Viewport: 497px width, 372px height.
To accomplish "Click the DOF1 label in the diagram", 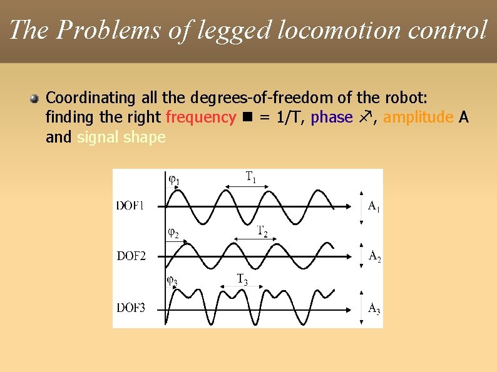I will [x=130, y=204].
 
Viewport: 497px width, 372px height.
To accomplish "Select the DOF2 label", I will [x=131, y=255].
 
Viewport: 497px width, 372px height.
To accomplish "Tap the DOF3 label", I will [x=131, y=308].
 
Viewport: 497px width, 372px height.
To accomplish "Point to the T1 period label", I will [x=250, y=176].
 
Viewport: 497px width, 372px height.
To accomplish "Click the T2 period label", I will [x=263, y=231].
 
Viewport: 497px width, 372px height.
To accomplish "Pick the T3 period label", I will [x=242, y=279].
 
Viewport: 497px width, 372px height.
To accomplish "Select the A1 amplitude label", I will [x=374, y=206].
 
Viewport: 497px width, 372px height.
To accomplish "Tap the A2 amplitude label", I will [x=375, y=256].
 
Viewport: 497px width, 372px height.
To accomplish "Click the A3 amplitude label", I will [x=374, y=308].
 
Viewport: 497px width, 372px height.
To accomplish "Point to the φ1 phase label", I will [x=175, y=180].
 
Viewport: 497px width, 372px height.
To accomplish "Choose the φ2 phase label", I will [x=173, y=233].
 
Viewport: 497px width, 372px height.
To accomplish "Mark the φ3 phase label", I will [x=172, y=280].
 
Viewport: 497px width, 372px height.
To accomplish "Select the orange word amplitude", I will [x=418, y=118].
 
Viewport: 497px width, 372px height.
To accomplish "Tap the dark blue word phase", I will [x=332, y=118].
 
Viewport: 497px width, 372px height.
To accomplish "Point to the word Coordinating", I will [x=91, y=98].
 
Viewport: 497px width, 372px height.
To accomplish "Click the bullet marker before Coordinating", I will [x=34, y=98].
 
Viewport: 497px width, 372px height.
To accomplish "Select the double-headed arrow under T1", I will [x=248, y=186].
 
